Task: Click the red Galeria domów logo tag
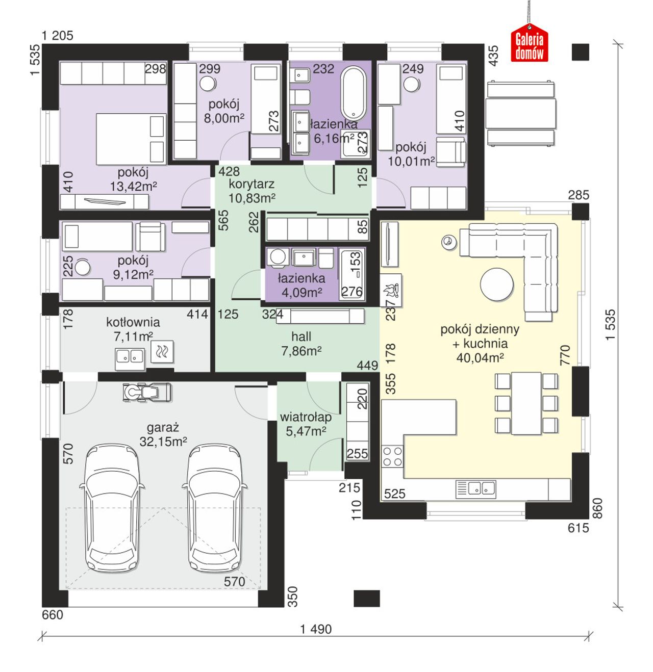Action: (x=530, y=43)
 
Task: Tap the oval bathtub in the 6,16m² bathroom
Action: (x=353, y=93)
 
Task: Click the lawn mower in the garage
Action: (x=147, y=392)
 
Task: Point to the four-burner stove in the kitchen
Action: (x=392, y=456)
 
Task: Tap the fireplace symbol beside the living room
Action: (x=391, y=290)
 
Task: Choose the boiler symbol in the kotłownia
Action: (x=162, y=351)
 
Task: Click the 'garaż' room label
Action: (x=163, y=428)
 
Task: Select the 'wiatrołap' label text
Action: (x=306, y=417)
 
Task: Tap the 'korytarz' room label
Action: (x=251, y=184)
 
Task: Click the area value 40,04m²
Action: (x=480, y=358)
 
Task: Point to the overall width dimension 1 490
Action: (x=316, y=629)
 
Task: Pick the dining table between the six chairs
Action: (x=526, y=403)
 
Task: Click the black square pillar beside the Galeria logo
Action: (x=580, y=52)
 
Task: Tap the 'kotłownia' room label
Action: (x=133, y=322)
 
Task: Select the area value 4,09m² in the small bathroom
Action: (x=302, y=293)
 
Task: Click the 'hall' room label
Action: (x=302, y=337)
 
